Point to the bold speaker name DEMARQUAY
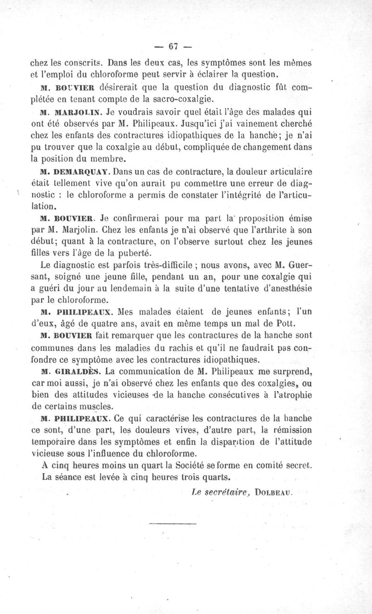(x=83, y=173)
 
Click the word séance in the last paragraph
(x=69, y=478)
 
